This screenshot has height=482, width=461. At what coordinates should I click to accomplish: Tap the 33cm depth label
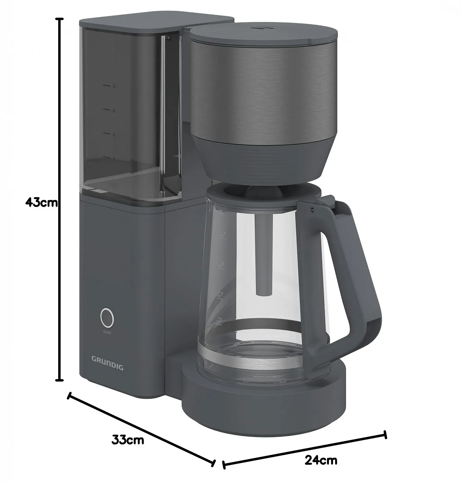128,440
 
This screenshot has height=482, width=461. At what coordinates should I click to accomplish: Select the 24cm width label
321,460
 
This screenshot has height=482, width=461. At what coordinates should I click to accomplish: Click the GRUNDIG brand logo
107,359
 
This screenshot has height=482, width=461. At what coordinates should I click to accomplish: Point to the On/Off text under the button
107,333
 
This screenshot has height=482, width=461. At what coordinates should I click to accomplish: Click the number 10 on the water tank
114,87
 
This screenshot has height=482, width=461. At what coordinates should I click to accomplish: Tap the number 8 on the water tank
114,111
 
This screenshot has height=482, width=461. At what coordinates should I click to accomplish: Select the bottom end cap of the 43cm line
60,380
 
